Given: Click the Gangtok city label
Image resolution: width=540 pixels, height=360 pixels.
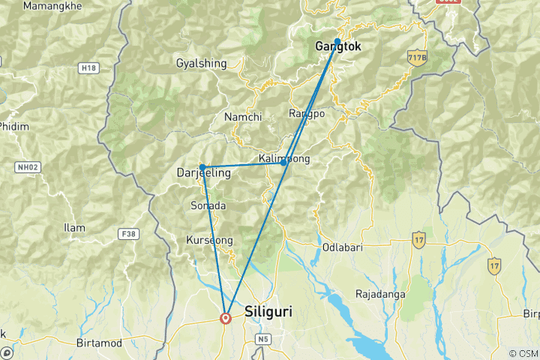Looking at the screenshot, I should (338, 46).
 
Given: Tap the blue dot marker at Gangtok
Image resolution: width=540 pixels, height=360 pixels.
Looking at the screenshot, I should (337, 41).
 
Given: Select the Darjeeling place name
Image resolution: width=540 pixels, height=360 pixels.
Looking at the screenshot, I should (203, 173).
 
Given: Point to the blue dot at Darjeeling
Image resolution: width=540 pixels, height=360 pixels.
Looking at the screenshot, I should (202, 167).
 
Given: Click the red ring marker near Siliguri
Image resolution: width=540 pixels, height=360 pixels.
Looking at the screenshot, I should (226, 318).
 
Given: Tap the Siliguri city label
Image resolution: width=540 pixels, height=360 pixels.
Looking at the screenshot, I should (268, 310).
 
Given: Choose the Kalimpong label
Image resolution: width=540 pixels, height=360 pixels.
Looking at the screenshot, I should (283, 159).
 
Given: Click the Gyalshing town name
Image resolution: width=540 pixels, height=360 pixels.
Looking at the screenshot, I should (201, 64).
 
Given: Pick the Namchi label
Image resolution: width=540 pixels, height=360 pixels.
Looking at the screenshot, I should (243, 117).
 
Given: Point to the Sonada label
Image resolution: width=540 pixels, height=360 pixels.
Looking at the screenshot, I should (208, 205).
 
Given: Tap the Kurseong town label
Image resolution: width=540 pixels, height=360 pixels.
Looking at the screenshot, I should (209, 240).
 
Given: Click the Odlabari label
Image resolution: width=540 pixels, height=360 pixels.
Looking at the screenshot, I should (343, 247).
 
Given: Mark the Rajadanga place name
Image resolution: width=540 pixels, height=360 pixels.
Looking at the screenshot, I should (380, 294).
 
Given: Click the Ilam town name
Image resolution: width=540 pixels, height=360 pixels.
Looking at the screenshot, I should (75, 227).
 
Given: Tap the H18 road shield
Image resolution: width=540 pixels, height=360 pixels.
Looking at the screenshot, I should (88, 68).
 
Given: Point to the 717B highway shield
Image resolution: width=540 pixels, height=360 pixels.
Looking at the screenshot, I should (416, 58).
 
